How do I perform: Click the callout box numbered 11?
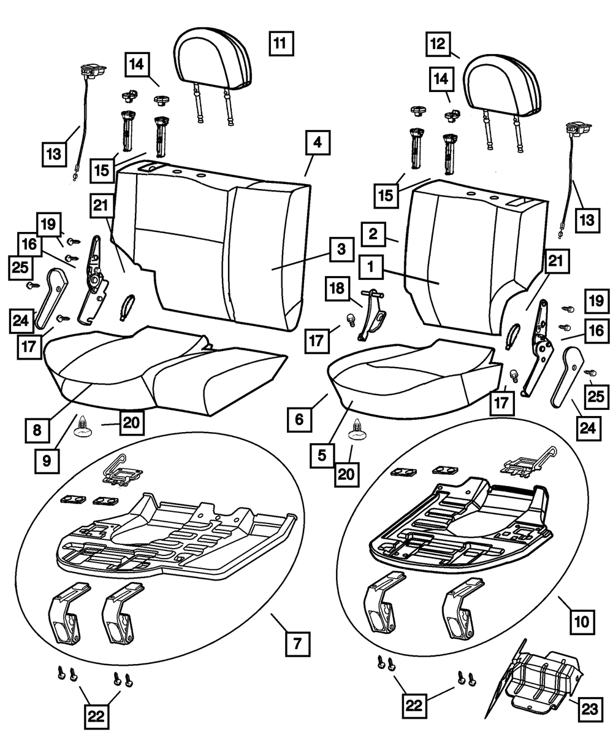pos(281,44)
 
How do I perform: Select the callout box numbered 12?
pos(440,44)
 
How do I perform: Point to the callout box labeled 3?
pos(340,250)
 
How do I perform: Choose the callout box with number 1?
pos(373,268)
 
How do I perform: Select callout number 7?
pos(297,644)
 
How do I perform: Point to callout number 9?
pos(48,461)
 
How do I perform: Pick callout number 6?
pos(299,420)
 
